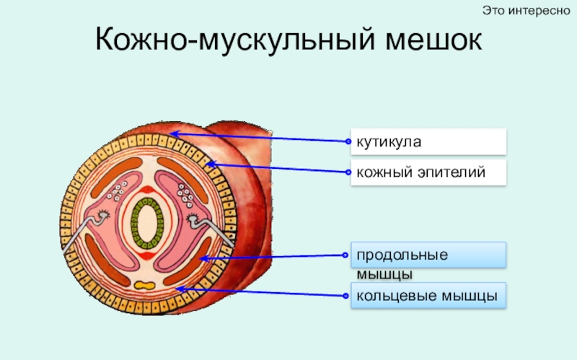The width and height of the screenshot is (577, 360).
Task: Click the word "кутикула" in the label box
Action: point(387,142)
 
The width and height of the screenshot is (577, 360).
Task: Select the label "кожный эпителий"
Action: point(419,173)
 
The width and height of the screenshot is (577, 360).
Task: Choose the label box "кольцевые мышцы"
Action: point(428,297)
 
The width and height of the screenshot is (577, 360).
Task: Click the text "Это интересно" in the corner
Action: point(526,10)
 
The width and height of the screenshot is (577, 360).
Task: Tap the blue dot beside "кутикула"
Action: point(349,142)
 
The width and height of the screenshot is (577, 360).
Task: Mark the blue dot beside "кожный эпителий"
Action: point(349,173)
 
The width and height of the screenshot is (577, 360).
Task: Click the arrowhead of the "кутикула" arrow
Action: point(173,133)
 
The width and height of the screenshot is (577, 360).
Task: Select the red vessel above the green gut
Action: point(148,190)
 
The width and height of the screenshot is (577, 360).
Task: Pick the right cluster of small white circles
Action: point(186,193)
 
